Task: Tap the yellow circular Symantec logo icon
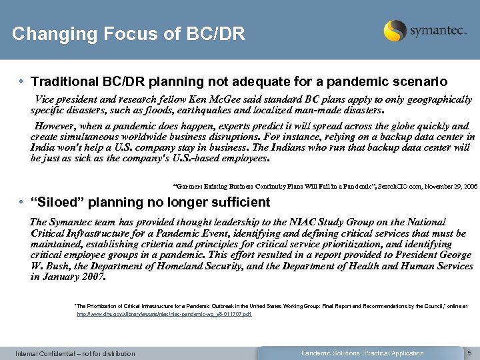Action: tap(395, 31)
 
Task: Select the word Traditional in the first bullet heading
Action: tap(65, 82)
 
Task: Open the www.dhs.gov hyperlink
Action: tap(164, 313)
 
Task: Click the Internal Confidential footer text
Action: tap(75, 353)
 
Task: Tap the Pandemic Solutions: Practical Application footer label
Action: tap(362, 353)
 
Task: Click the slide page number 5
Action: tap(469, 353)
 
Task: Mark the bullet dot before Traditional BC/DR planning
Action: tap(22, 82)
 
